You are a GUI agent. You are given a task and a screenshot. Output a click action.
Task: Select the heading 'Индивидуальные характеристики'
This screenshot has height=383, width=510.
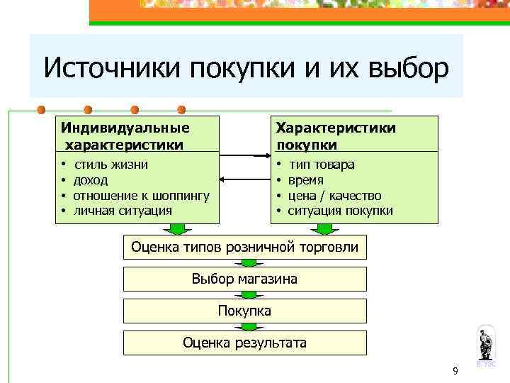click(125, 135)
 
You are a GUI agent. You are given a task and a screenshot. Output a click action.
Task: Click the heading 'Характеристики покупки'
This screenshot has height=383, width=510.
click(336, 135)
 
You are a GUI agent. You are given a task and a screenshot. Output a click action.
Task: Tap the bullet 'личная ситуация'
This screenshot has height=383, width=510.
click(122, 210)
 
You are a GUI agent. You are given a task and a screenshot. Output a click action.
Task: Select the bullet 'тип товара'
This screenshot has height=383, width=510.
click(322, 165)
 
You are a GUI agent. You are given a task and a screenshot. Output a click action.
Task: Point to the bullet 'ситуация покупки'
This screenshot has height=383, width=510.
click(340, 211)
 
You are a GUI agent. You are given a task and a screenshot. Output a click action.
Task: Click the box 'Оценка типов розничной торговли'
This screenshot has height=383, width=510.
click(245, 248)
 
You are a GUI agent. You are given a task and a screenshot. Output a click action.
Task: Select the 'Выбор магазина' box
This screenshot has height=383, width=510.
click(245, 279)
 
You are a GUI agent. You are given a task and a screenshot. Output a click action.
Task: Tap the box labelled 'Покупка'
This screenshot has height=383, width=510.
click(245, 311)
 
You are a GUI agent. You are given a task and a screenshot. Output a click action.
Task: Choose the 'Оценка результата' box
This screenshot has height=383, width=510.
click(245, 343)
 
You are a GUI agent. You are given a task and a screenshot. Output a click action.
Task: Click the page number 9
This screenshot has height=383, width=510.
click(455, 371)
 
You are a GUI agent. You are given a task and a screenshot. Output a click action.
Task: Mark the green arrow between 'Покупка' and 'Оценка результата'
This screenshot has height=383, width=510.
click(245, 326)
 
